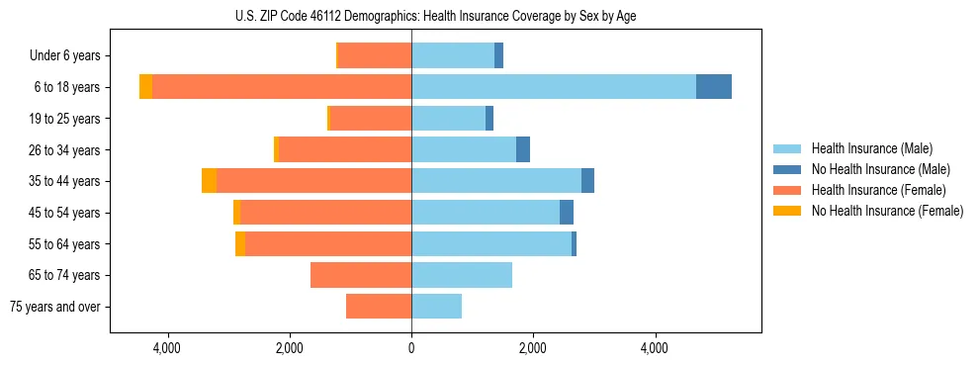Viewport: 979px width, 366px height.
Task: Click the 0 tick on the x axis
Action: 411,348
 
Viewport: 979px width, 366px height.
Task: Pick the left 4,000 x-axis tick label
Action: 167,348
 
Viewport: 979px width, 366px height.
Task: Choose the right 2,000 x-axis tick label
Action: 533,348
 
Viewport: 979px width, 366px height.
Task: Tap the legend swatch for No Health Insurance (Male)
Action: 787,169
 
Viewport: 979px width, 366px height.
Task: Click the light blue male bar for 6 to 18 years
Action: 554,87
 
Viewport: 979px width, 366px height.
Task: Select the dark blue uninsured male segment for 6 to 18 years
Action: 714,87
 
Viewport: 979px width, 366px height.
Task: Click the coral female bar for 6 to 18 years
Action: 282,87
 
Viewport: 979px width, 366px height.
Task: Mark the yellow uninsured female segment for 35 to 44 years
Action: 209,181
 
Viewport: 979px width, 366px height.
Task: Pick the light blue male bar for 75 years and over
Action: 436,307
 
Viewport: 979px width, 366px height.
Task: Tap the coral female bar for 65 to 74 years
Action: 361,275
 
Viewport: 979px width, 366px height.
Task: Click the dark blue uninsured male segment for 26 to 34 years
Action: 523,149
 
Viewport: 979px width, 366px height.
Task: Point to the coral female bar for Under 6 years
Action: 375,55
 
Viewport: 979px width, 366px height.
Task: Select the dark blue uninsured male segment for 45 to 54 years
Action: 567,213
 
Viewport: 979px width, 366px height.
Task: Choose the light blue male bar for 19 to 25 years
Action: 448,119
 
